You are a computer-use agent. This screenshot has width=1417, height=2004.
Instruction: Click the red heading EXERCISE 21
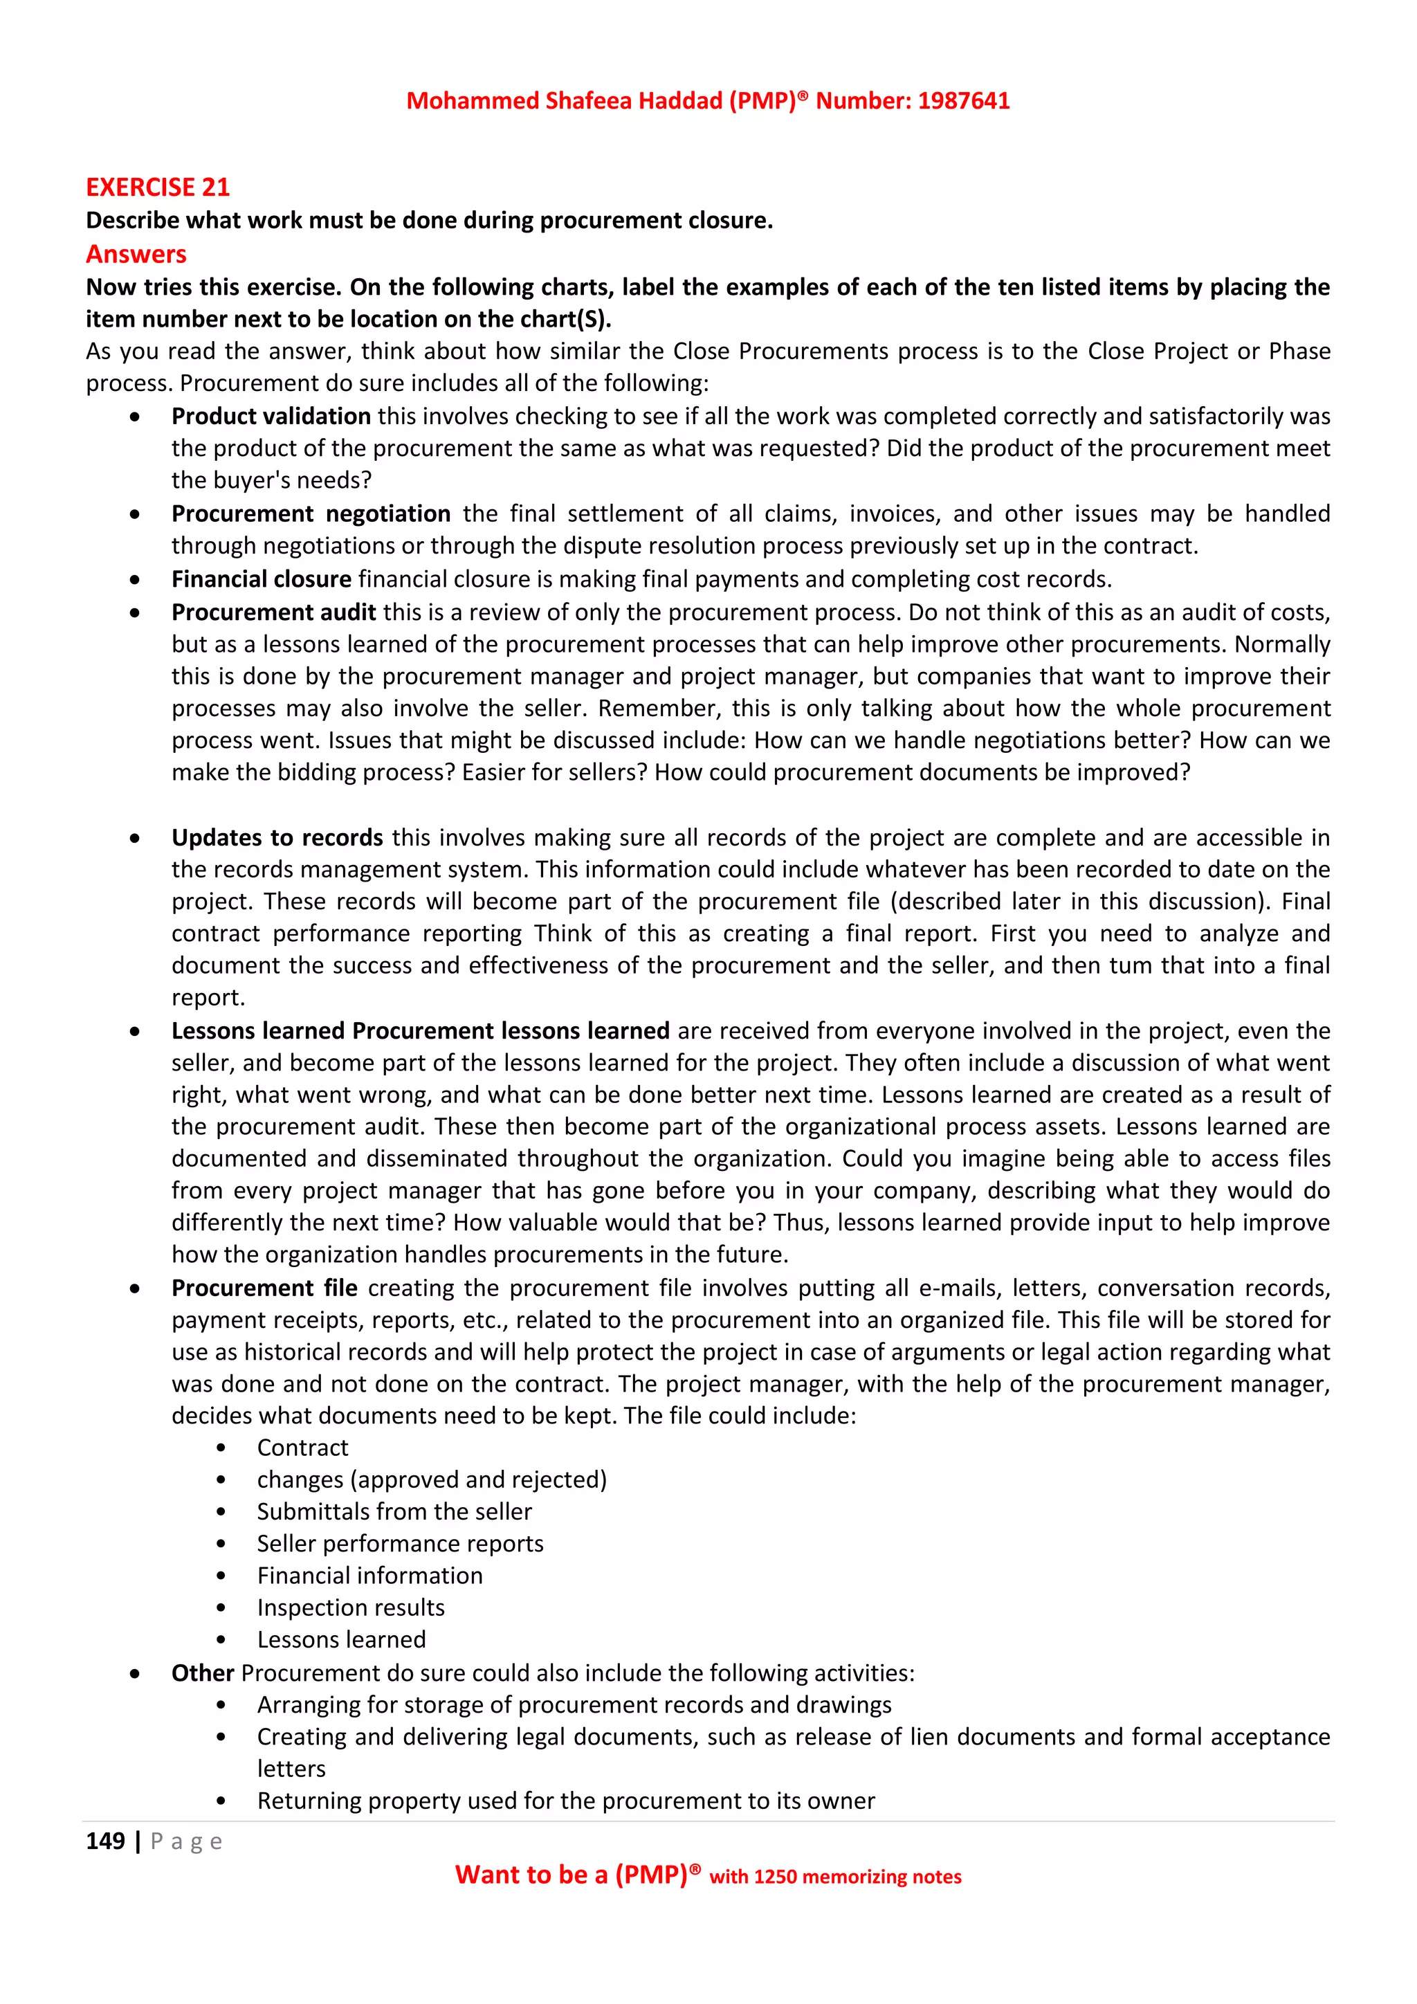(x=157, y=187)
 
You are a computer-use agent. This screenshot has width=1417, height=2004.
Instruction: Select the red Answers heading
(x=136, y=254)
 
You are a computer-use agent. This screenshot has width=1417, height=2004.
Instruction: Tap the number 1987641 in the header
(x=963, y=100)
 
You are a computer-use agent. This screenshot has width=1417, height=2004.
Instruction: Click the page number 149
(x=104, y=1841)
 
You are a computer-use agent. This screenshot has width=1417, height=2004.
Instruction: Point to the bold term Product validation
(x=271, y=417)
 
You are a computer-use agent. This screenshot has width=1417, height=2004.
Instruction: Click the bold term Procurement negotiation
(x=311, y=513)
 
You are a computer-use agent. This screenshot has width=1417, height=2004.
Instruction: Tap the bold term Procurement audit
(x=273, y=612)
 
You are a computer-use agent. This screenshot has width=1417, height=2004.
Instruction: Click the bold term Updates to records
(x=277, y=837)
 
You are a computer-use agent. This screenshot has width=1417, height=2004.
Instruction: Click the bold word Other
(x=203, y=1673)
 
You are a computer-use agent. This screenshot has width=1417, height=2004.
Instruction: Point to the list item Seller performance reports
(x=400, y=1543)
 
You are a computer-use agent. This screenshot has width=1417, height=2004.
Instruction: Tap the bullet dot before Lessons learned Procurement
(x=134, y=1031)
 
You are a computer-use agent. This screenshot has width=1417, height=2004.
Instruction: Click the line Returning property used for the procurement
(x=565, y=1801)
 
